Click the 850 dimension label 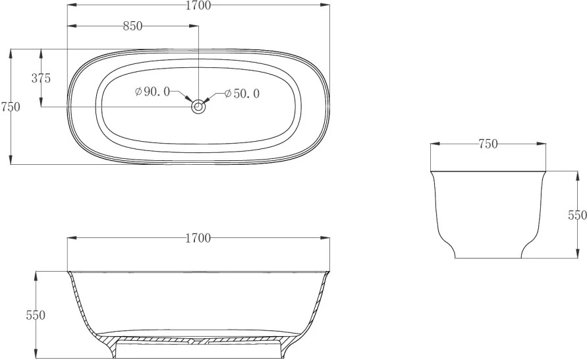tap(133, 26)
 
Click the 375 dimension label tap(41, 78)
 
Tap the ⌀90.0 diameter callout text tap(152, 92)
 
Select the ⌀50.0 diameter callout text tap(242, 94)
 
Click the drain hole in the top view tap(198, 107)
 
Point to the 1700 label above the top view tap(198, 5)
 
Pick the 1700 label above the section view tap(198, 238)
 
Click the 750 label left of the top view tap(10, 107)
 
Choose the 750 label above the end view tap(488, 144)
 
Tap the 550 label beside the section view tap(36, 315)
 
